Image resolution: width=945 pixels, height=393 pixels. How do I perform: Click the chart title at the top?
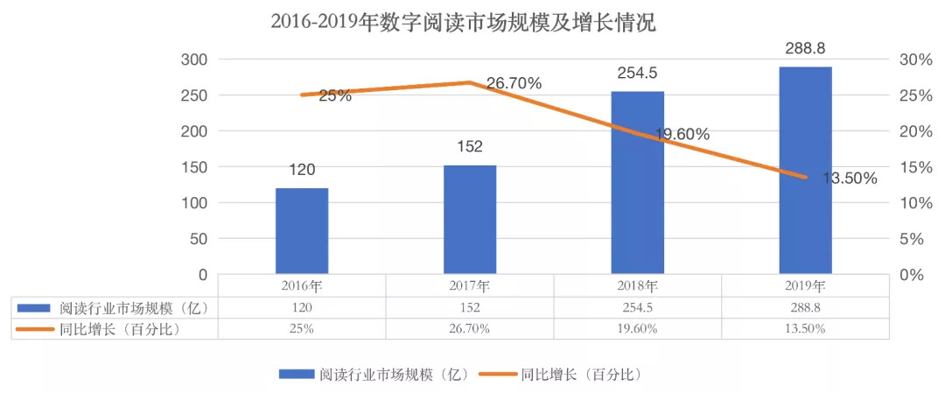point(463,22)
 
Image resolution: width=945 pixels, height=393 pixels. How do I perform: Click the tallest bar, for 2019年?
point(805,170)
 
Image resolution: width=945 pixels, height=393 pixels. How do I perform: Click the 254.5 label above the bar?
point(636,74)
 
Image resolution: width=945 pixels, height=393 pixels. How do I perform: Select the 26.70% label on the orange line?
point(514,84)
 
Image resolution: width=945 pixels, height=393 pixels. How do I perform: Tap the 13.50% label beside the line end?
point(850,179)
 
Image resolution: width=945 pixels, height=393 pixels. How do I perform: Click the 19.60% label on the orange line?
point(682,135)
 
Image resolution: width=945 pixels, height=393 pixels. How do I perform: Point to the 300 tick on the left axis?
point(195,60)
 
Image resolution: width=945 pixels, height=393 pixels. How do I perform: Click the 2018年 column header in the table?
point(637,285)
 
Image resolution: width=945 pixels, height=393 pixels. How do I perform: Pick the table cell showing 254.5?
point(637,307)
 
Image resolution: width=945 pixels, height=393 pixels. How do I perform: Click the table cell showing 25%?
point(302,328)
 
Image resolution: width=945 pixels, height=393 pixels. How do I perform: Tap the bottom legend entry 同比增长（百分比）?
point(582,374)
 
